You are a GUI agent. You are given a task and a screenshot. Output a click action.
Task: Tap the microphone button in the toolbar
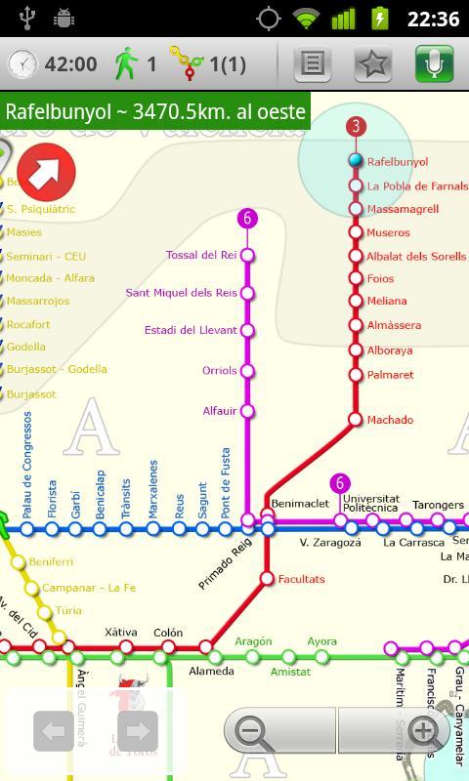click(x=435, y=64)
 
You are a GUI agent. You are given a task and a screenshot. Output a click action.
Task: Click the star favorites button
click(x=373, y=64)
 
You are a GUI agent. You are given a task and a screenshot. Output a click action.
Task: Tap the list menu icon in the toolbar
click(x=312, y=64)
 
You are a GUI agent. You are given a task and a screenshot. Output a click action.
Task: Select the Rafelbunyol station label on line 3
click(x=398, y=162)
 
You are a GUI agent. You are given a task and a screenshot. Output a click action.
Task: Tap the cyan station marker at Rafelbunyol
click(x=356, y=161)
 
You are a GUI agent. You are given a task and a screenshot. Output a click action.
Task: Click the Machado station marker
click(x=356, y=419)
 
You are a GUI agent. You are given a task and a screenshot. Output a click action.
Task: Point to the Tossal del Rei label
click(x=201, y=255)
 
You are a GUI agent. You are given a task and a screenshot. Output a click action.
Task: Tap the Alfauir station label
click(x=219, y=411)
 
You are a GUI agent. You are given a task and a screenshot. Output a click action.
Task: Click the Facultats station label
click(x=301, y=579)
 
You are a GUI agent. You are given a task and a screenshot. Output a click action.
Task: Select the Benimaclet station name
click(x=300, y=504)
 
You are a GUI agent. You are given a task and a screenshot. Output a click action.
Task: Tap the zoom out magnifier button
click(x=251, y=730)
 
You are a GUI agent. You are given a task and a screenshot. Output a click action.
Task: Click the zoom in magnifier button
click(x=423, y=730)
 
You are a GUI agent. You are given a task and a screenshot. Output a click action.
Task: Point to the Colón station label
click(x=168, y=633)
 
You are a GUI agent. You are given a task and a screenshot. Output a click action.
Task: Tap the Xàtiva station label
click(x=121, y=633)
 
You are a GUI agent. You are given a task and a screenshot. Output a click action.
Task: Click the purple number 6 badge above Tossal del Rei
click(x=247, y=219)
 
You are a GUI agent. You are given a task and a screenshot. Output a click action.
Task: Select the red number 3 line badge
click(x=356, y=126)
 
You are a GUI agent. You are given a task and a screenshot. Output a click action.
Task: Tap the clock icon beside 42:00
click(x=21, y=64)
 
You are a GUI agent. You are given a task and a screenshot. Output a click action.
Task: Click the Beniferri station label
click(x=51, y=562)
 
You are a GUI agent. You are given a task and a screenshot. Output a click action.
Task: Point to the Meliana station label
click(x=387, y=301)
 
